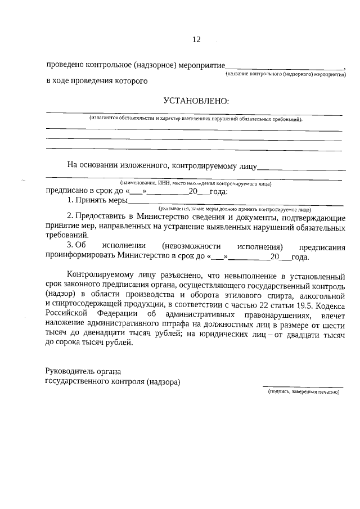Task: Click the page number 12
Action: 196,39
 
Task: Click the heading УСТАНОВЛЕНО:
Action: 196,101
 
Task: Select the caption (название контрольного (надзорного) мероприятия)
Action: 285,74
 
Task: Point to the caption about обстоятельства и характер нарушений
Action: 196,119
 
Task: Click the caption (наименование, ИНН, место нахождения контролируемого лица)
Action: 195,183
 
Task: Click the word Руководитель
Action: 69,372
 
